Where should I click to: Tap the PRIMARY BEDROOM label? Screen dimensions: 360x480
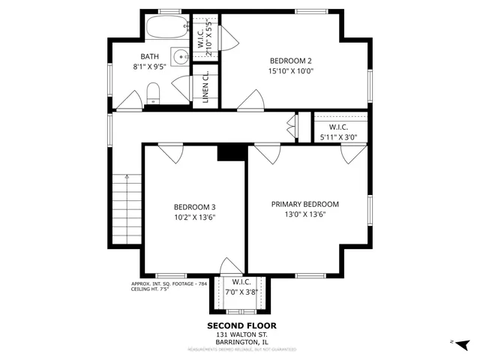tap(305, 204)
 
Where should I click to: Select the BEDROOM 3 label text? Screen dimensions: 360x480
tap(194, 207)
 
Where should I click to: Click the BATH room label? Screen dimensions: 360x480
tap(150, 56)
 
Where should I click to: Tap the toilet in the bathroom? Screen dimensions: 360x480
tap(153, 94)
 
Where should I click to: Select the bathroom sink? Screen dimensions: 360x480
tap(179, 57)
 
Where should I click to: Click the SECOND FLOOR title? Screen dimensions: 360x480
tap(241, 325)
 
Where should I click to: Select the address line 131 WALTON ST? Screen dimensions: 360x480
tap(241, 334)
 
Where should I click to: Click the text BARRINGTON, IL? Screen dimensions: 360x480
tap(241, 341)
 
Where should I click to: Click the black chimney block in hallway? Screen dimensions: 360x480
tap(232, 152)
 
